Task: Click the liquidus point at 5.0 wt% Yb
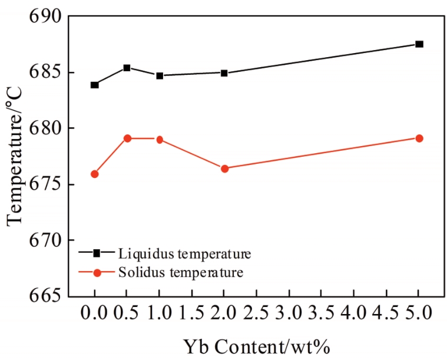click(419, 44)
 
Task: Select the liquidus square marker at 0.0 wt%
click(94, 85)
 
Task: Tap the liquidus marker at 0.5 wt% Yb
click(127, 68)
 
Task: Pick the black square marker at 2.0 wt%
click(224, 73)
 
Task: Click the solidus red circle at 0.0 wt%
click(94, 174)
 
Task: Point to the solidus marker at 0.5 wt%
click(127, 138)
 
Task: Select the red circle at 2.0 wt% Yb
click(224, 169)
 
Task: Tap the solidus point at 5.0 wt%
click(419, 138)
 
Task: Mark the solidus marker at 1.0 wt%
click(159, 140)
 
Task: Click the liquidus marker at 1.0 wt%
click(159, 75)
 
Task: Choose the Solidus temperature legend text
click(180, 272)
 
